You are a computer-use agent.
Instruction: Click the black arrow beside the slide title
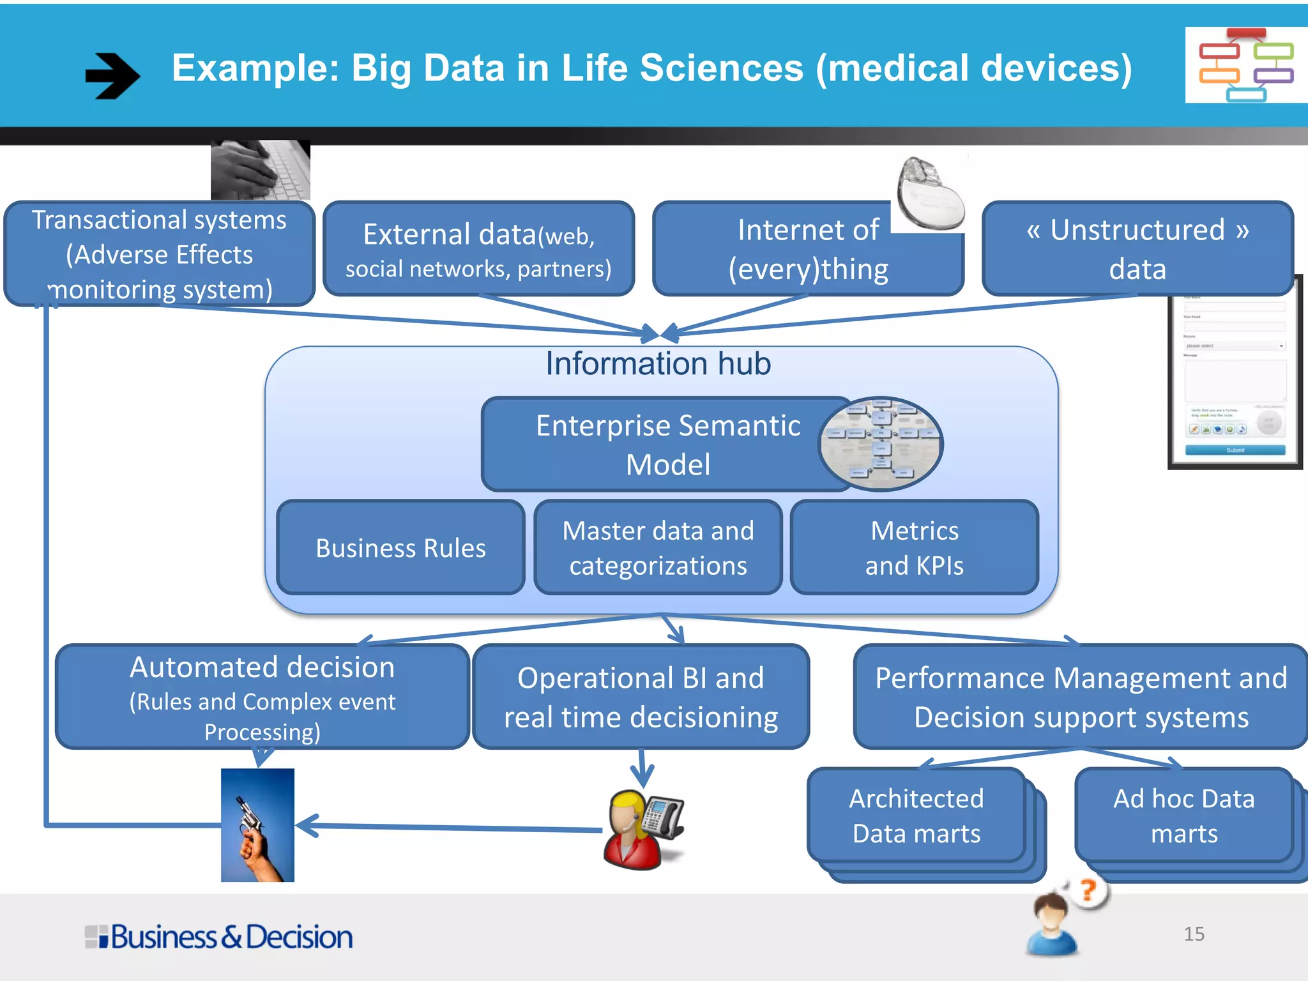(112, 75)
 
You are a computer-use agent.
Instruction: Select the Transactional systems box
(160, 254)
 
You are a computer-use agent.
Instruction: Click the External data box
(479, 249)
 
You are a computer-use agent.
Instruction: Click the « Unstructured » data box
(1137, 249)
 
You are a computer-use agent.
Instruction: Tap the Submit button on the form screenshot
(1235, 450)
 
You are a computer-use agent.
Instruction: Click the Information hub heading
(658, 364)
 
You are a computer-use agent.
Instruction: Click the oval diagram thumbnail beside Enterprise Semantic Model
(880, 443)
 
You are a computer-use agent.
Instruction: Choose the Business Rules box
(401, 548)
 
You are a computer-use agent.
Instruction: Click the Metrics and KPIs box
(914, 548)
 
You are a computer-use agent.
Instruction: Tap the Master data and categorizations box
(658, 548)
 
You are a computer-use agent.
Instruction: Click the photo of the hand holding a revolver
(257, 825)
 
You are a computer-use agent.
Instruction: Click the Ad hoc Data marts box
(1183, 816)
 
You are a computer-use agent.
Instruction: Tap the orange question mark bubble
(1090, 891)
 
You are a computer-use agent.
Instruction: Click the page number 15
(1194, 934)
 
